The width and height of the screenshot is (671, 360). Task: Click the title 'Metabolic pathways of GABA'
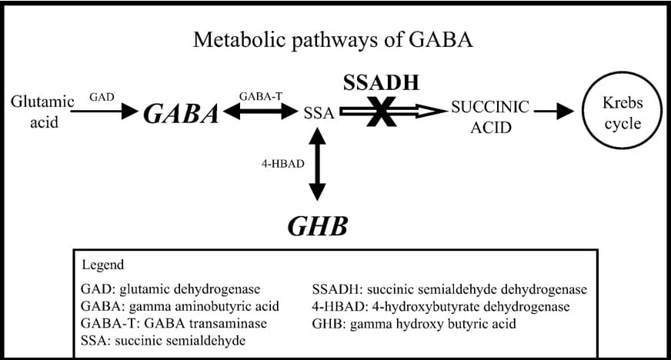333,40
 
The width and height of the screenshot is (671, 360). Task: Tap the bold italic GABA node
181,114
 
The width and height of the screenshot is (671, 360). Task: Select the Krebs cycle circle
623,111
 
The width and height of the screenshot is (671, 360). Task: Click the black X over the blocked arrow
382,112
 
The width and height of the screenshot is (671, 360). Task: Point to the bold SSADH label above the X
382,82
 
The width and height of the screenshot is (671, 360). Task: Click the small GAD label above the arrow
102,97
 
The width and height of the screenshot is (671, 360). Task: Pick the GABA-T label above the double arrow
261,97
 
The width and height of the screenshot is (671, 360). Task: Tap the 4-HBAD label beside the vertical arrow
283,164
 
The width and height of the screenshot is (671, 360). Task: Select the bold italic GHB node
318,226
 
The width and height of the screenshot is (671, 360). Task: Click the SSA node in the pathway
319,113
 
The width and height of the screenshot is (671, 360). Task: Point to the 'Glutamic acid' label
43,112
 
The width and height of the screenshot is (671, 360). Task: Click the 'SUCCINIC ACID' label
490,117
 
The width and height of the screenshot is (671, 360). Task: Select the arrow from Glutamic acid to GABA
105,112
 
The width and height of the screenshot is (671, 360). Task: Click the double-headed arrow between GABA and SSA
260,112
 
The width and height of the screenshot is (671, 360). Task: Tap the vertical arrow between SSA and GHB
317,164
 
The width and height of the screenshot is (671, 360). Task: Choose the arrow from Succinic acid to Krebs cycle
554,112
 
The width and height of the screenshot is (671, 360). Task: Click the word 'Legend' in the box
102,265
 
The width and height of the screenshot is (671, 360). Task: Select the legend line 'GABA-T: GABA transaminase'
174,323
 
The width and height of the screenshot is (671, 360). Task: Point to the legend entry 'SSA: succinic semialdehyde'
163,341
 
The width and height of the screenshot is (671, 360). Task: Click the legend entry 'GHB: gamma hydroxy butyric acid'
414,324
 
